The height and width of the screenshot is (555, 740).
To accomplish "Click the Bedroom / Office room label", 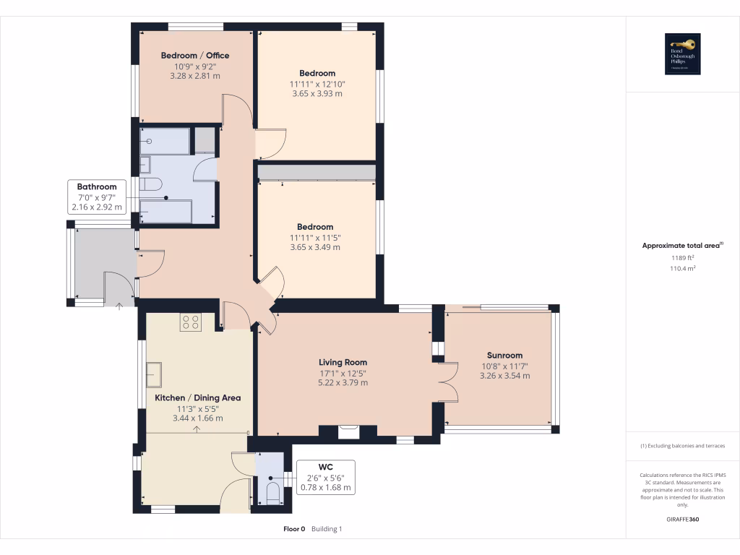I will point(194,56).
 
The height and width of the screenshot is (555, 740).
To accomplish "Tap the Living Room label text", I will point(343,362).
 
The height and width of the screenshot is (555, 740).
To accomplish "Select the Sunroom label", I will point(504,355).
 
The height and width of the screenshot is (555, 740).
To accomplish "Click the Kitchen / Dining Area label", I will point(197,397).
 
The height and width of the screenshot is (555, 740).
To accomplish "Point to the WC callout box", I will point(325,477).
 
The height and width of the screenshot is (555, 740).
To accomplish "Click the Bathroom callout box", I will point(97,197).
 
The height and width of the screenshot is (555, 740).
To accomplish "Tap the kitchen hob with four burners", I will point(190,322).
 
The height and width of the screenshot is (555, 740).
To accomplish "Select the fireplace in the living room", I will point(348,431).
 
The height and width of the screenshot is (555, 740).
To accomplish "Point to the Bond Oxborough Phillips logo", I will point(683,54).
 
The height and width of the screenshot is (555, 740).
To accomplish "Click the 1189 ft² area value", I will point(682,258).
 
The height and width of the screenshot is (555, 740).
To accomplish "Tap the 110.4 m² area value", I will point(682,268).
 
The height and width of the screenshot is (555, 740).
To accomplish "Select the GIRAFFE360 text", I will point(682,520).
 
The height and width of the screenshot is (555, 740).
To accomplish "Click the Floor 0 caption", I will point(294,529).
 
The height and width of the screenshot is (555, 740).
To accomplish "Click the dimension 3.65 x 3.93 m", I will point(317,93).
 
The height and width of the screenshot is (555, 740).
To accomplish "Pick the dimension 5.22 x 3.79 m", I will point(343,382).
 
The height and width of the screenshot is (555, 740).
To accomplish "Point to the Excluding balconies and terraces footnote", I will point(682,446).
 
